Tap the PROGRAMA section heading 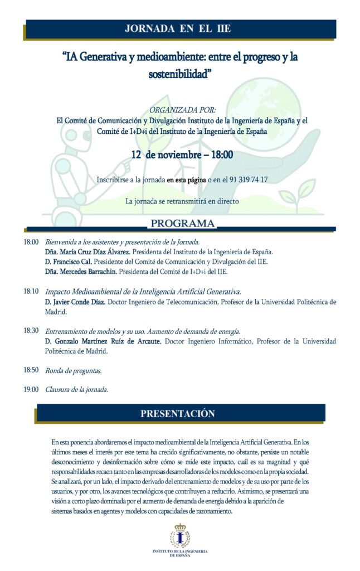182,224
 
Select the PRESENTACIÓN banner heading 177,414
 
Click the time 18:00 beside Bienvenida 31,243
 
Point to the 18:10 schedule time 31,291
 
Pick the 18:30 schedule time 31,331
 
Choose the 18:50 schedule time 31,370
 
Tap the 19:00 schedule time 31,389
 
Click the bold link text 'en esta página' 186,180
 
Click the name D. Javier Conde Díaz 81,302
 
